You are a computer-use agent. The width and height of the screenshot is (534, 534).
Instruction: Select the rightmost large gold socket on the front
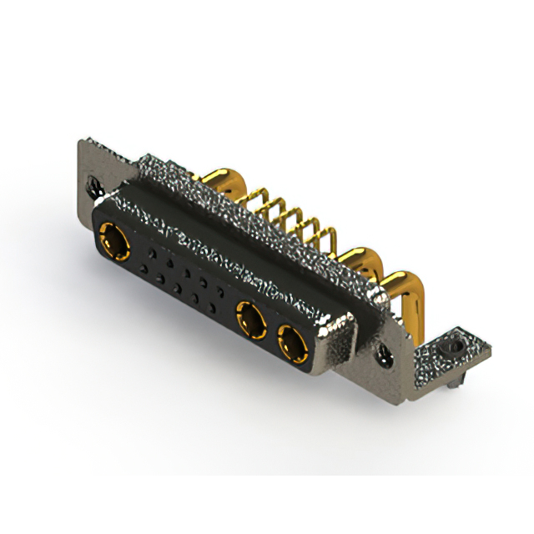click(x=292, y=342)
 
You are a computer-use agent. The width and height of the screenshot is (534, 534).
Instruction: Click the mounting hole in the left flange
click(x=91, y=177)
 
